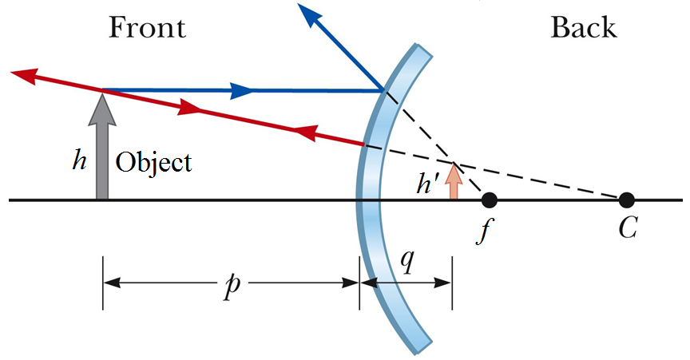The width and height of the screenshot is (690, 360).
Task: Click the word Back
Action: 584,28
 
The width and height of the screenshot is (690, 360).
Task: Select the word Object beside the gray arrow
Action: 154,163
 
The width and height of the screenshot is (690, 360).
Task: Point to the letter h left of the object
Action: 79,162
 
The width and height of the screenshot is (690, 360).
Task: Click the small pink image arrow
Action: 454,181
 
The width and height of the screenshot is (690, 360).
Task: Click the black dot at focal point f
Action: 490,199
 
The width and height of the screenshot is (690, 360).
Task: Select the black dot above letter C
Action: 626,199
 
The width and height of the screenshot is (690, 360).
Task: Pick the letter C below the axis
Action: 627,230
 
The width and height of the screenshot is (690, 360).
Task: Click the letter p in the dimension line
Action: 232,285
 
